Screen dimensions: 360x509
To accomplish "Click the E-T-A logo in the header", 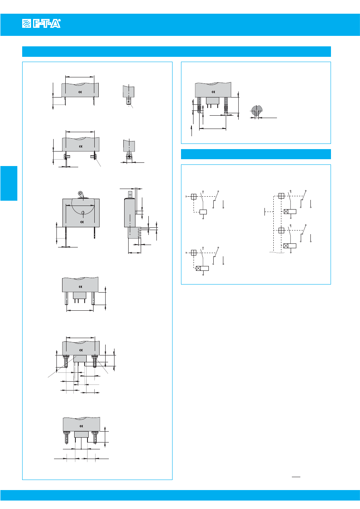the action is (42, 23).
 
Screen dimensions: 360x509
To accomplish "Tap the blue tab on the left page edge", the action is (9, 183).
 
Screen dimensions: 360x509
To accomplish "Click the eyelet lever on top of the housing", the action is (81, 195).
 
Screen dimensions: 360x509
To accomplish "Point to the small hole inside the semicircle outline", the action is (83, 213).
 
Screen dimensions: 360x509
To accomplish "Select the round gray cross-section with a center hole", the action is (256, 111).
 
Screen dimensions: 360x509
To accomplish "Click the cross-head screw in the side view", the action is (129, 156).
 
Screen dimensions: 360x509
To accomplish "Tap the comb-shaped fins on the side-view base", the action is (139, 233).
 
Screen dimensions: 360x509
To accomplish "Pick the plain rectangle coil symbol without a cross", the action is (203, 212).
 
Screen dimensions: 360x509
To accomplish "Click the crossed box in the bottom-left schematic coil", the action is (198, 268).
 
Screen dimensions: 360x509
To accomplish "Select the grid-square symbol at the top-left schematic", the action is (194, 197).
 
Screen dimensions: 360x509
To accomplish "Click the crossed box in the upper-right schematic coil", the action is (286, 212).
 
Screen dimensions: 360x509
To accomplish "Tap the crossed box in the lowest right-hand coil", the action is (286, 246).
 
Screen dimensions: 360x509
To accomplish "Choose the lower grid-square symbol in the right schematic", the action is (281, 231).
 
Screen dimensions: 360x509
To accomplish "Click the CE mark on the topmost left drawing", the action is (80, 92).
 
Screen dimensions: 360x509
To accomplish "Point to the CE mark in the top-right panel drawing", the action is (213, 92).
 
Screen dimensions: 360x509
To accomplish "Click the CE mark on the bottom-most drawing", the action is (81, 426).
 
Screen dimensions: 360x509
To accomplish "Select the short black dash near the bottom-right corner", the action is (296, 477).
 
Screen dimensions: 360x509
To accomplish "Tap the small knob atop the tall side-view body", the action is (130, 195).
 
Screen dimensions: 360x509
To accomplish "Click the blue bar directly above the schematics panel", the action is (256, 154).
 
